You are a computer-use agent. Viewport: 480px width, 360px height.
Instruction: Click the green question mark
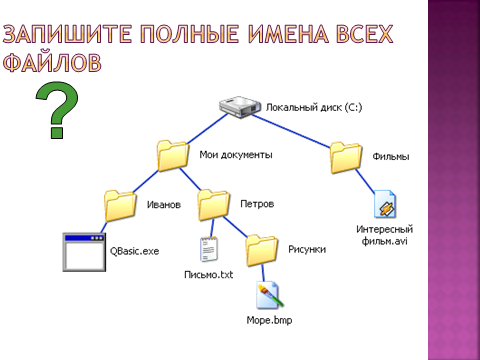pos(57,110)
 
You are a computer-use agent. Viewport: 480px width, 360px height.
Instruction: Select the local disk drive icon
pos(240,107)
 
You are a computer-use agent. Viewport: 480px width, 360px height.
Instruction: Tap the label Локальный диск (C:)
pos(314,107)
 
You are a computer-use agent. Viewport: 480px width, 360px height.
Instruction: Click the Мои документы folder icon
pos(173,156)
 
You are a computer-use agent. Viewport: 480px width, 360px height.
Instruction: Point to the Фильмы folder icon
pos(346,158)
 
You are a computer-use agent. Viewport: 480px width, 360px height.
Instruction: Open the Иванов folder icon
pos(120,206)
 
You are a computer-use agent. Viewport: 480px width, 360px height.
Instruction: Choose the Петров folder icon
pos(213,205)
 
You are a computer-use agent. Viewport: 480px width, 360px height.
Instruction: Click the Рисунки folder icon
pos(262,251)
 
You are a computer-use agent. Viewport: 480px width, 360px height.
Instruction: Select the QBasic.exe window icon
pos(84,252)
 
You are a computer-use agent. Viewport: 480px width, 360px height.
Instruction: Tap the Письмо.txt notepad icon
pos(209,249)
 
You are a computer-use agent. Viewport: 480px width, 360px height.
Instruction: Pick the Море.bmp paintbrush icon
pos(270,295)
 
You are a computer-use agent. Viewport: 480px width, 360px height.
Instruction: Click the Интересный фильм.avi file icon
pos(385,204)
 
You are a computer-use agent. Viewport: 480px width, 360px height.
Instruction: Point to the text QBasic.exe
pos(134,251)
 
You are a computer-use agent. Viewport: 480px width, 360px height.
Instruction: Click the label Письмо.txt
pos(209,275)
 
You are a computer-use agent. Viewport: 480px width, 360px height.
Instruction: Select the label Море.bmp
pos(269,320)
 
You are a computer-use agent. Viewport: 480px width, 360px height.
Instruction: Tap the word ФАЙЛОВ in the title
pos(52,62)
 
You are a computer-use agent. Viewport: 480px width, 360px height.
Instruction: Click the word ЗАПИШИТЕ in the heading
pos(67,34)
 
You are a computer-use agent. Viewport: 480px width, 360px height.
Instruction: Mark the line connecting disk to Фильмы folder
pos(291,131)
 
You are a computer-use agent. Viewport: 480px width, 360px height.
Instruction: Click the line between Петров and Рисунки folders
pos(236,228)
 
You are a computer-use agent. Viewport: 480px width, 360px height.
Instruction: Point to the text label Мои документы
pos(236,155)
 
